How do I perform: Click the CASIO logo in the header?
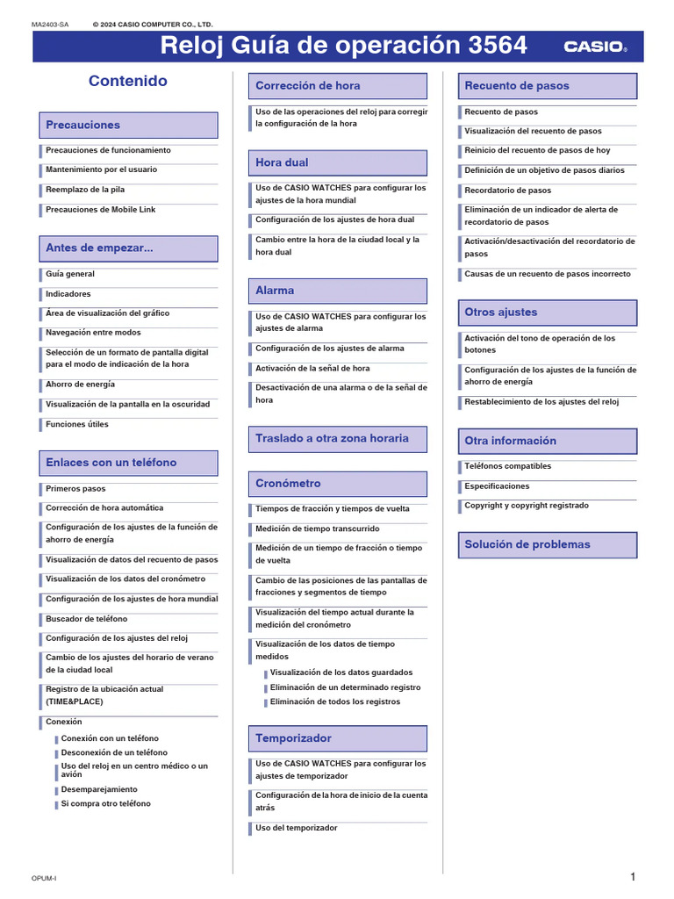point(594,46)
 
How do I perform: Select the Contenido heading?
point(128,81)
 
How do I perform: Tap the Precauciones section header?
point(83,125)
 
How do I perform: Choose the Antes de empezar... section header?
point(99,248)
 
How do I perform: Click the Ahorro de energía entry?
point(81,385)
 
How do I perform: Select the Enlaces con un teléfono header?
point(111,463)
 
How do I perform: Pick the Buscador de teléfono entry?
point(87,619)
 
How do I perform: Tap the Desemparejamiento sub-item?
point(99,789)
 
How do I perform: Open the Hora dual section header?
point(282,162)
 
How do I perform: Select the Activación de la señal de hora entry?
point(312,369)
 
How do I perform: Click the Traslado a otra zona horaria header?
point(332,438)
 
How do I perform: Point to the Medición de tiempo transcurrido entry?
point(318,529)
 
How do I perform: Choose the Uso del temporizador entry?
point(297,828)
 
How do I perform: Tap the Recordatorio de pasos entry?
point(508,191)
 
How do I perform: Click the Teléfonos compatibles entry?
point(508,466)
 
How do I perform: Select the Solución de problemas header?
point(527,544)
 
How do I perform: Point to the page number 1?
point(633,877)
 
